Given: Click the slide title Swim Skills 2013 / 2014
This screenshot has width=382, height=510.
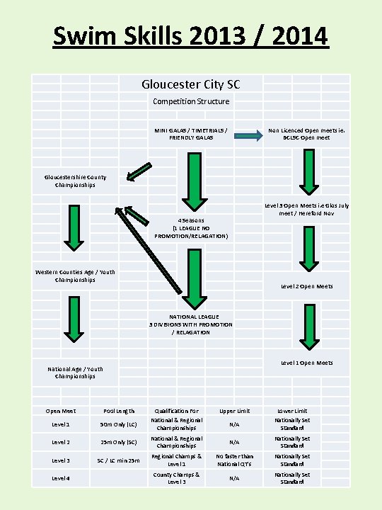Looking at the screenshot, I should (191, 35).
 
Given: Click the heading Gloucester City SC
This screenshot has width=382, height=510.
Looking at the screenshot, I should (191, 84).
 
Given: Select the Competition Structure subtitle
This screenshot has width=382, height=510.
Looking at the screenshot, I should (191, 101).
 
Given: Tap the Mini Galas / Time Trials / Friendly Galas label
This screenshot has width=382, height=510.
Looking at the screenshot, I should (191, 133).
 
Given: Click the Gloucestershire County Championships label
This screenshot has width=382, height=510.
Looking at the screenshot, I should (75, 181).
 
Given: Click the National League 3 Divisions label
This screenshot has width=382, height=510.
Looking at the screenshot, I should (191, 324).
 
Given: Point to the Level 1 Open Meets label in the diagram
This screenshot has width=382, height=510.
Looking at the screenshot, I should (306, 363).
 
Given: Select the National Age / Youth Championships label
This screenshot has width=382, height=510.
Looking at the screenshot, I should (75, 372).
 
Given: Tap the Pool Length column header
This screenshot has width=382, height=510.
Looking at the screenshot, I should (119, 411).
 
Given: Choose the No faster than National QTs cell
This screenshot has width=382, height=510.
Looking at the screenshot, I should (234, 460).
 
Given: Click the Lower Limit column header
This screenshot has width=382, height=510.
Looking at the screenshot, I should (291, 411).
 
